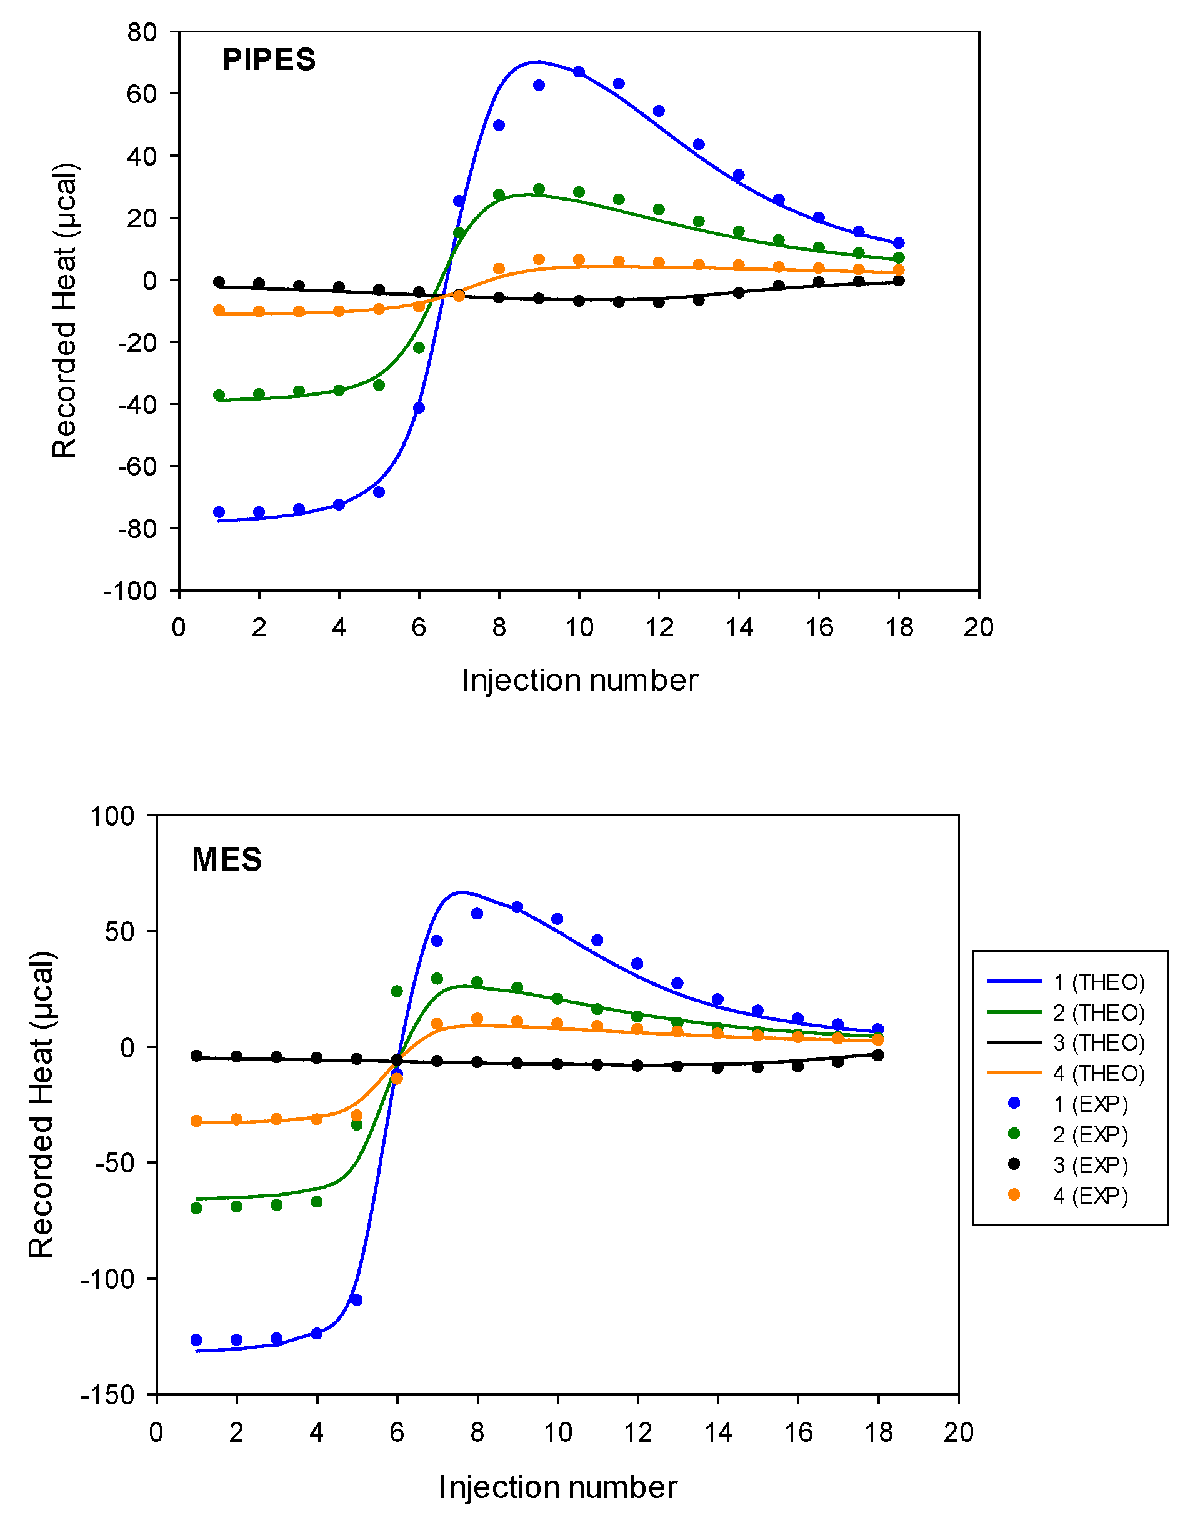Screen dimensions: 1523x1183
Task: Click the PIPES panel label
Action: [269, 60]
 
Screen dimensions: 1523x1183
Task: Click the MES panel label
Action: [227, 859]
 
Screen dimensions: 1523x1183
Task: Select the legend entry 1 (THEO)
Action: [1099, 982]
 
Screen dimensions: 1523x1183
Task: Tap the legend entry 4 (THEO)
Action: [1099, 1073]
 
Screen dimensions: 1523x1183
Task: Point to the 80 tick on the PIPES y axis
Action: [142, 32]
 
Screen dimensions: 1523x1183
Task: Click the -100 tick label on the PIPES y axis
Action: [131, 591]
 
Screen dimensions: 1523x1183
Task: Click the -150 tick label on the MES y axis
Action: [108, 1395]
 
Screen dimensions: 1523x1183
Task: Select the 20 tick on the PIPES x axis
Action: [978, 627]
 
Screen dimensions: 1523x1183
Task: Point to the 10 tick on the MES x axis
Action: [557, 1432]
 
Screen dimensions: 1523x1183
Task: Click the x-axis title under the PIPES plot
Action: [579, 681]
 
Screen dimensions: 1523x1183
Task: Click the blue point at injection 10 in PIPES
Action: [579, 72]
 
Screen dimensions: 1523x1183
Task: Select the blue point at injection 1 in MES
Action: [197, 1341]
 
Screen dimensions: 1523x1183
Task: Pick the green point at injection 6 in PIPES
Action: [419, 347]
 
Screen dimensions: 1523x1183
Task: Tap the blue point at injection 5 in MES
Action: [356, 1300]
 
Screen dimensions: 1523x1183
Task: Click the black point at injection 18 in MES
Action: [878, 1056]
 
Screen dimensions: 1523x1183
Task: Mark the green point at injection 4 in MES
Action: [317, 1202]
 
